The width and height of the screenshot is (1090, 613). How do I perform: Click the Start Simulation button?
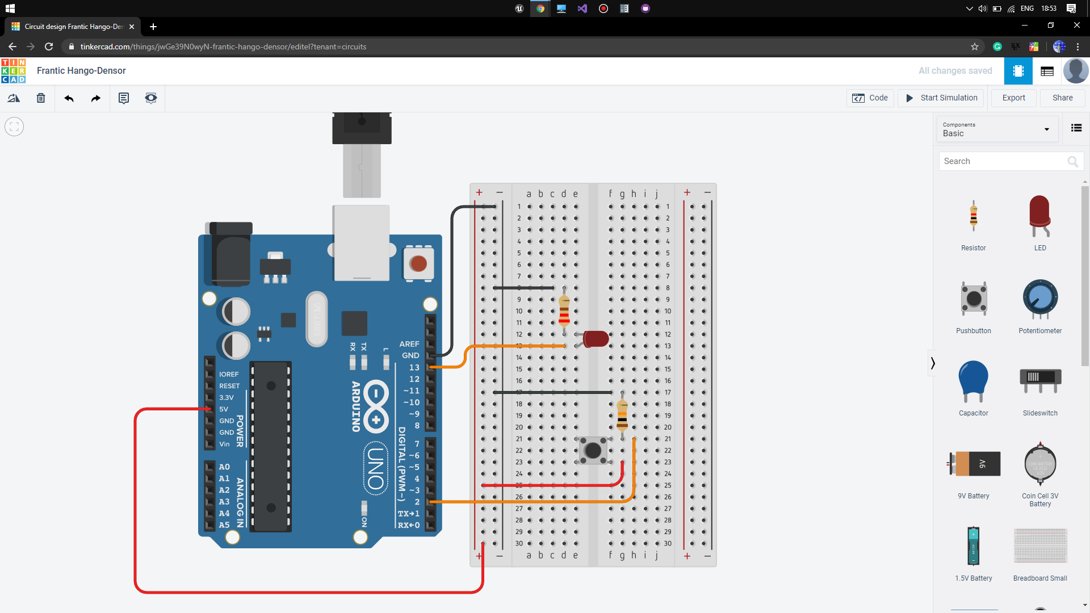pos(942,98)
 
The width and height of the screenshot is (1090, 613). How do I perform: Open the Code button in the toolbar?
pos(870,98)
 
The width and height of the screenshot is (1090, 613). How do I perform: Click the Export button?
pos(1013,98)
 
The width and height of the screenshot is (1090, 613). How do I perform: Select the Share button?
pos(1062,98)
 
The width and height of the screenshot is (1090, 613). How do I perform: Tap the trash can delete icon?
pos(41,98)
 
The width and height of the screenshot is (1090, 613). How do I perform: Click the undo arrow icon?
pos(69,98)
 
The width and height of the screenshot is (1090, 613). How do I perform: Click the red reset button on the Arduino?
pos(418,263)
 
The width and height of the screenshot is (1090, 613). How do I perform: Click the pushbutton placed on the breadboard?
pos(593,451)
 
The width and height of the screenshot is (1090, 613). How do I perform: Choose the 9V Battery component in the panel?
pos(974,464)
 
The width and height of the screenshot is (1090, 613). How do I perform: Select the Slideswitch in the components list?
pos(1040,379)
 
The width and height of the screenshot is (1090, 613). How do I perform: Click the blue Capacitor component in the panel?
pos(973,380)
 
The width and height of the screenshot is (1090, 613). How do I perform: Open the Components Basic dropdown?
pos(996,129)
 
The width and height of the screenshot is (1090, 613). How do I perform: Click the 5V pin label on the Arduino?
pos(224,409)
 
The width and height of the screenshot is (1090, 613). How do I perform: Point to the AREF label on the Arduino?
pos(409,344)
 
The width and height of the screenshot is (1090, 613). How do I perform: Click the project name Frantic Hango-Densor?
pos(81,70)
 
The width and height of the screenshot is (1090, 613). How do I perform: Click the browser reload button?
pos(49,47)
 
